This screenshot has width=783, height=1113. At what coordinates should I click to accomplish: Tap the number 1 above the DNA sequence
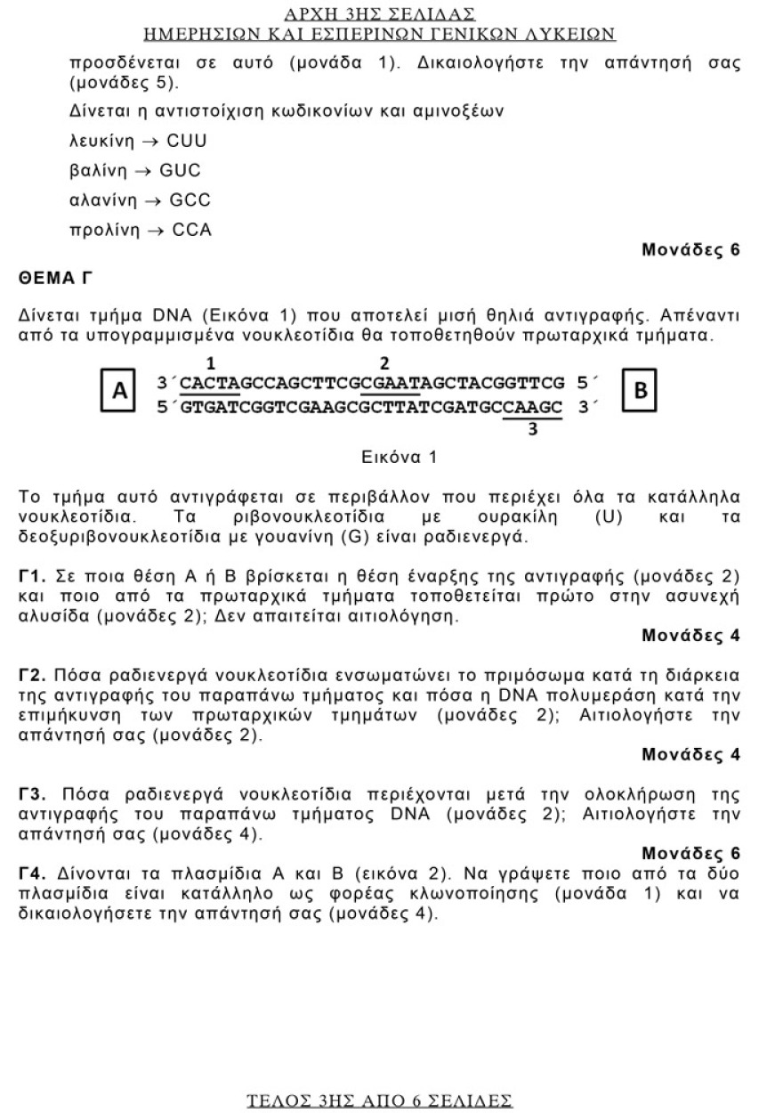[211, 363]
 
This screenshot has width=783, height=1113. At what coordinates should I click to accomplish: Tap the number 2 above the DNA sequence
[384, 363]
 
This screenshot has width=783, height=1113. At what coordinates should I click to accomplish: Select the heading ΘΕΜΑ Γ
[55, 279]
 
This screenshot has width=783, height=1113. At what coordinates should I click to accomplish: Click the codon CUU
[187, 141]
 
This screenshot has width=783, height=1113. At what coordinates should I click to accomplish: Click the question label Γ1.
[32, 577]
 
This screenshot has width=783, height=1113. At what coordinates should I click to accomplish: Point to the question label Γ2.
[32, 677]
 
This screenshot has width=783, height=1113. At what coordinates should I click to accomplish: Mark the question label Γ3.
[32, 794]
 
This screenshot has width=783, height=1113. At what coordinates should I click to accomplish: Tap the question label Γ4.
[32, 875]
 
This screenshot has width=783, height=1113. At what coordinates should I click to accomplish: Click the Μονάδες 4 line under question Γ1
[690, 636]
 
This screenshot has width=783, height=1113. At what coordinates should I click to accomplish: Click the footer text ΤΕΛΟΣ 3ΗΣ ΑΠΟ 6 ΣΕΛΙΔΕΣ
[379, 1101]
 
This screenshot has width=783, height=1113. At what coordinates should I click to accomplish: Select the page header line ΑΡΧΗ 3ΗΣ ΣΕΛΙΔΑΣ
[379, 14]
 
